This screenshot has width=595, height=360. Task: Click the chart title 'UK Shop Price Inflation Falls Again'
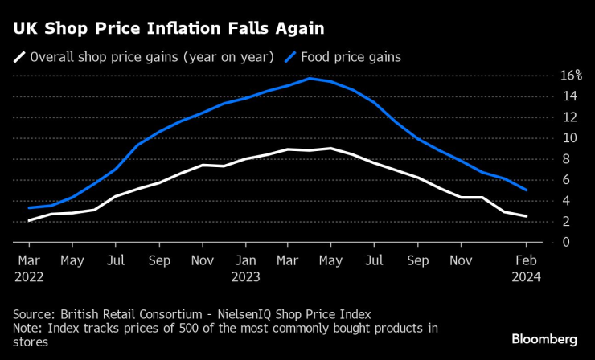168,29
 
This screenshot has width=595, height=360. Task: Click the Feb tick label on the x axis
526,260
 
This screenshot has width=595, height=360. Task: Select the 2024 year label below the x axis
526,276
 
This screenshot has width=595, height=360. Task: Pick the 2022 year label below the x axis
29,276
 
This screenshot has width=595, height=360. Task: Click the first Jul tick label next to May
116,260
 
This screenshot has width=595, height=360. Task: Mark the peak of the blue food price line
310,78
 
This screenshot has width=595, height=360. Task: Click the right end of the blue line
526,190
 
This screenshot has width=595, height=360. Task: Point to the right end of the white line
526,216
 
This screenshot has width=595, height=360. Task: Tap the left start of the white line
29,220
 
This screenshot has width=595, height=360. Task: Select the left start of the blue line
29,208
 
